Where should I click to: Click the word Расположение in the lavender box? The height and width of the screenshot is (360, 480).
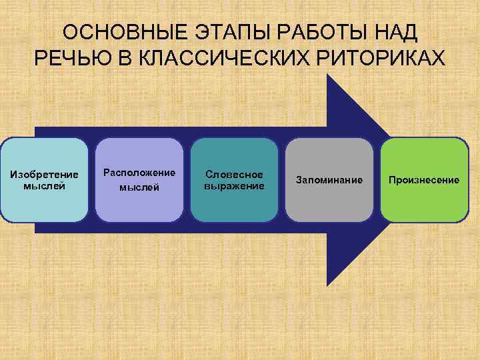(x=139, y=172)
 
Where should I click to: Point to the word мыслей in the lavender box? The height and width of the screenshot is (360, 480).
(x=139, y=187)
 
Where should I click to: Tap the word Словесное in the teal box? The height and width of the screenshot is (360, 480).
(x=234, y=175)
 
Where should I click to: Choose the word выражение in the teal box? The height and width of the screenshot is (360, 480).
(x=234, y=186)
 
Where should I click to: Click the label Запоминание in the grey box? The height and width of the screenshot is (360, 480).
(x=329, y=180)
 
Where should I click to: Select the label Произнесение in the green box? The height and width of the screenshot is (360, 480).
(x=425, y=180)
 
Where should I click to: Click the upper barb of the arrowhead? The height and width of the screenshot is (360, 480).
(x=331, y=83)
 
